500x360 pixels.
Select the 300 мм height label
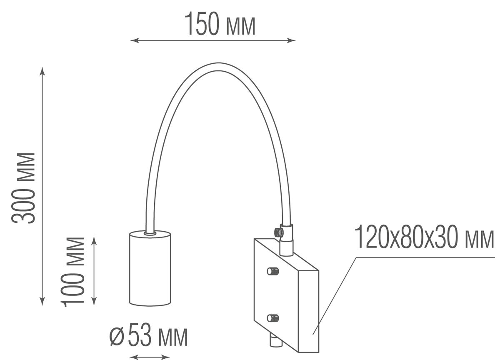(x=24, y=187)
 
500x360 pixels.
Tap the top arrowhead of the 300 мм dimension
(x=42, y=70)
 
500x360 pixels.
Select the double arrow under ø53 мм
(x=150, y=357)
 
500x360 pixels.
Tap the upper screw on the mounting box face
(x=272, y=272)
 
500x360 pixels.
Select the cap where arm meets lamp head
(x=150, y=234)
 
